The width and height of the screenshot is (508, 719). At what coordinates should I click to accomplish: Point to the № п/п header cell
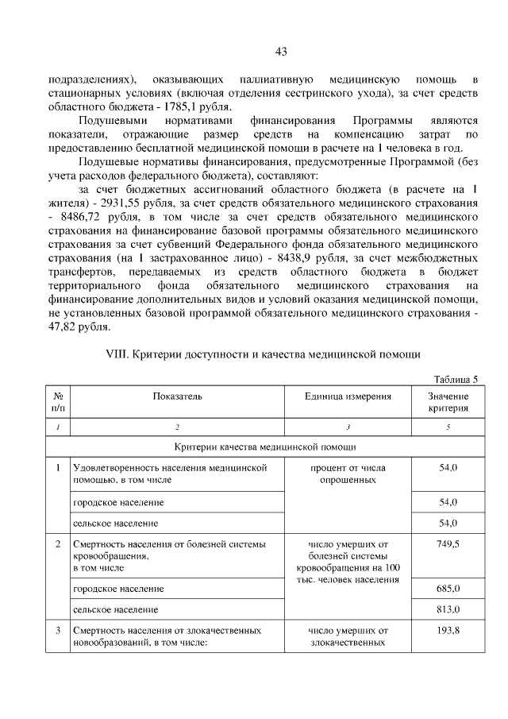coord(57,402)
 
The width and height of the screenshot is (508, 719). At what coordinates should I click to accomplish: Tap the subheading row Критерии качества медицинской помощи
coord(265,447)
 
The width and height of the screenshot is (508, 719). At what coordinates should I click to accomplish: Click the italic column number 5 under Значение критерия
coord(448,427)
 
